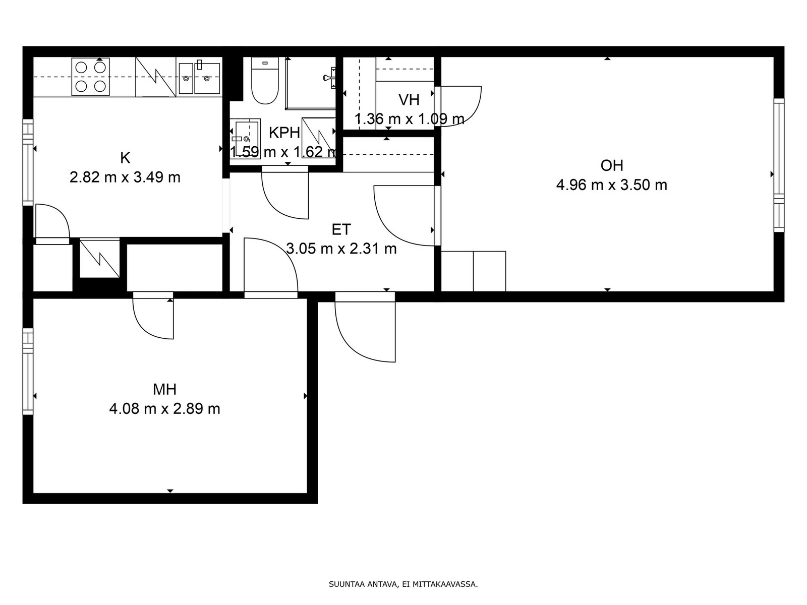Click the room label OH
612,166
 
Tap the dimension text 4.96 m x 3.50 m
612,185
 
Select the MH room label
165,389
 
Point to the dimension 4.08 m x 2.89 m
165,408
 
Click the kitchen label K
125,158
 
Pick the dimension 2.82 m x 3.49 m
125,177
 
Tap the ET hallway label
341,229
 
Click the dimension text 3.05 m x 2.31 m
341,249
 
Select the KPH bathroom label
284,133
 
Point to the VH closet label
409,100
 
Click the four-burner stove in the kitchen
90,77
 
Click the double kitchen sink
200,78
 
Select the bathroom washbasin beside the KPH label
245,139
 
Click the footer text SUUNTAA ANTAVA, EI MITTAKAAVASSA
403,584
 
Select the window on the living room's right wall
779,165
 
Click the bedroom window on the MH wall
28,371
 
